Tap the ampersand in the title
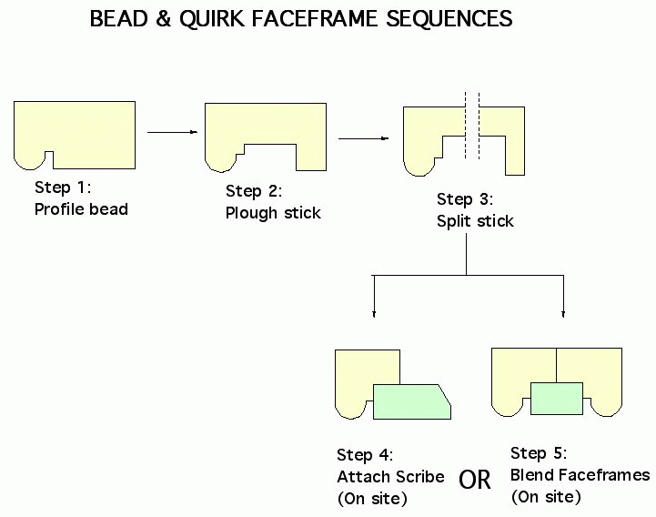163,18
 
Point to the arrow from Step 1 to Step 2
172,132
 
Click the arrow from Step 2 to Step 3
364,138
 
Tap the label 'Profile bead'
81,208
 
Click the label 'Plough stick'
273,213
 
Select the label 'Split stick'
475,221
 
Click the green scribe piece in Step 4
411,402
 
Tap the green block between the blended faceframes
557,399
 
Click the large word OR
474,480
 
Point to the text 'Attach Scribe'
390,476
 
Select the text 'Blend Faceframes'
580,475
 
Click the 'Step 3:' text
465,198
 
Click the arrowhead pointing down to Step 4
374,314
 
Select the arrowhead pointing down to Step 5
563,314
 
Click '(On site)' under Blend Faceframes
546,497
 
